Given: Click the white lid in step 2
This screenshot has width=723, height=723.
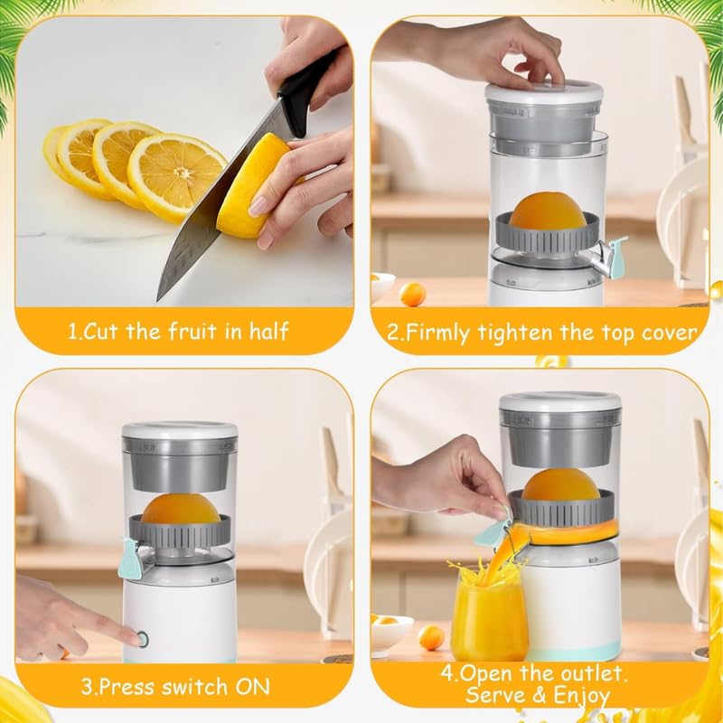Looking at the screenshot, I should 544,90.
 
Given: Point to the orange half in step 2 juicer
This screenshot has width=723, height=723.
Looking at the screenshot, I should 548,211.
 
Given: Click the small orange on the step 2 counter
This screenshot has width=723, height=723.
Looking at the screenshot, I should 412,294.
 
